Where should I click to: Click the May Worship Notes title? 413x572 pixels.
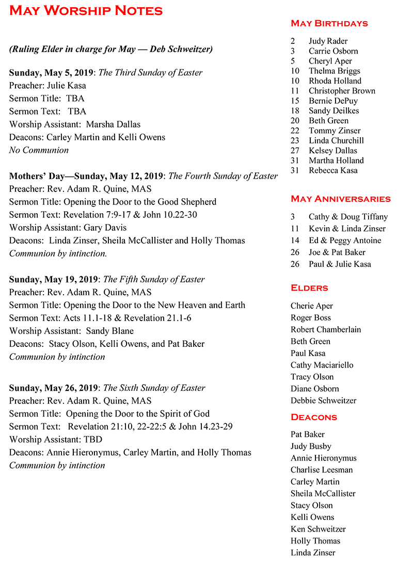[86, 11]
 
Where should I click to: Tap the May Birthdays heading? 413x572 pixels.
[329, 23]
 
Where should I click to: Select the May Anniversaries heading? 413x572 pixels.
[341, 199]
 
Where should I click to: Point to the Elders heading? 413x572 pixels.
[309, 288]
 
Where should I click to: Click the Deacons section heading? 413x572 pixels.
[314, 417]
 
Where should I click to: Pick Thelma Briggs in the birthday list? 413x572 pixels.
[334, 71]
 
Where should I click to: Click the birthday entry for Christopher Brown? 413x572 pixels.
[342, 91]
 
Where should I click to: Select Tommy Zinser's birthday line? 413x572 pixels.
[335, 131]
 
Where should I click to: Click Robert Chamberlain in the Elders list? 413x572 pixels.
[326, 329]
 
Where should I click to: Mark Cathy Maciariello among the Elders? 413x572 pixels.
[322, 365]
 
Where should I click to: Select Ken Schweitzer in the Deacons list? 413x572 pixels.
[318, 529]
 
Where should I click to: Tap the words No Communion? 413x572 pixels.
[39, 150]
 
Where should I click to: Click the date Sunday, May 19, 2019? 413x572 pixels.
[53, 279]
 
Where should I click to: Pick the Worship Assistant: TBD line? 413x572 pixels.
[56, 439]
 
